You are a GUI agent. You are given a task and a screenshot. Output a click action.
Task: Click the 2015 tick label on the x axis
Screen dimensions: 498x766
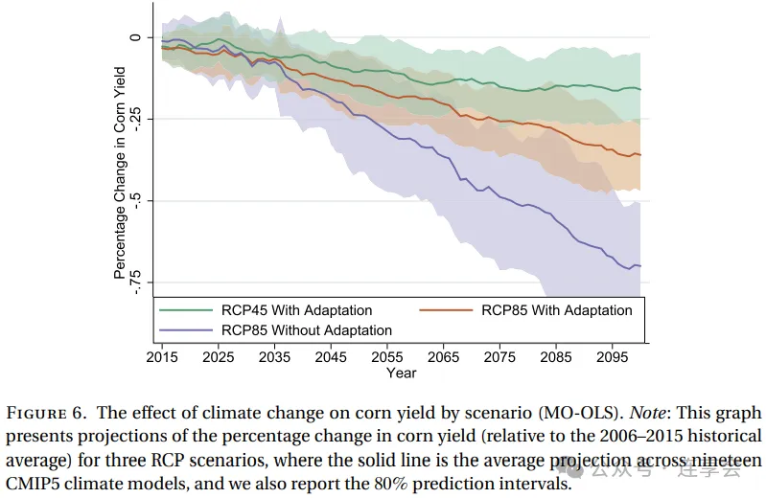[x=163, y=357]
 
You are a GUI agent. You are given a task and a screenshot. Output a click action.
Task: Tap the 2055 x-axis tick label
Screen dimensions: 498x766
[x=386, y=357]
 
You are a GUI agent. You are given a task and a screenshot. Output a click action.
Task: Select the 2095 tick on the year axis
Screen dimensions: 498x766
[x=611, y=357]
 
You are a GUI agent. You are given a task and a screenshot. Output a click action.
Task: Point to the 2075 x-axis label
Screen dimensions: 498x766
[x=499, y=357]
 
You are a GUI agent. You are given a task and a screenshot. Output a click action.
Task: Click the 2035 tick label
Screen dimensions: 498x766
[x=275, y=357]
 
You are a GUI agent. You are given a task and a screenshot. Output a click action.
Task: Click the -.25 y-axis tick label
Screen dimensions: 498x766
[x=137, y=119]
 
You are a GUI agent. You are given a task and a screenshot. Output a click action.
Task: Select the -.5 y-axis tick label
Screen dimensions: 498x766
[x=137, y=200]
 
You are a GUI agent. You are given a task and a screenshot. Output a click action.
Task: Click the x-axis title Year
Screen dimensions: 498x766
[x=402, y=373]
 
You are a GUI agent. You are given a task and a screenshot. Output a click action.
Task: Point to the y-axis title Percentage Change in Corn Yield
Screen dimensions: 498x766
[x=120, y=172]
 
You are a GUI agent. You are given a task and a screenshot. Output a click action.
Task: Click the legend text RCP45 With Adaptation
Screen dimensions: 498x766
[x=297, y=310]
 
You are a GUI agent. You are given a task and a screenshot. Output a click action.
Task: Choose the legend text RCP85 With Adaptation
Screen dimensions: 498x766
[x=557, y=310]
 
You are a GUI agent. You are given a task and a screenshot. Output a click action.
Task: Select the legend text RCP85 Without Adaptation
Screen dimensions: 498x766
[x=307, y=330]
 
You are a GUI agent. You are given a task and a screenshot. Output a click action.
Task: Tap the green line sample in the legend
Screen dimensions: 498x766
[x=186, y=310]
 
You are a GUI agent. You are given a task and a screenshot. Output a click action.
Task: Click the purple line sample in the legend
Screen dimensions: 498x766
[x=186, y=330]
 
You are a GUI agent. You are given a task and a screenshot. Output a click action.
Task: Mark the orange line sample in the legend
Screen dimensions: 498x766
[x=446, y=310]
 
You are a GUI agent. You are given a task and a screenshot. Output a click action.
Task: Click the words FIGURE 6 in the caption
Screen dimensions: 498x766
[x=48, y=414]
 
